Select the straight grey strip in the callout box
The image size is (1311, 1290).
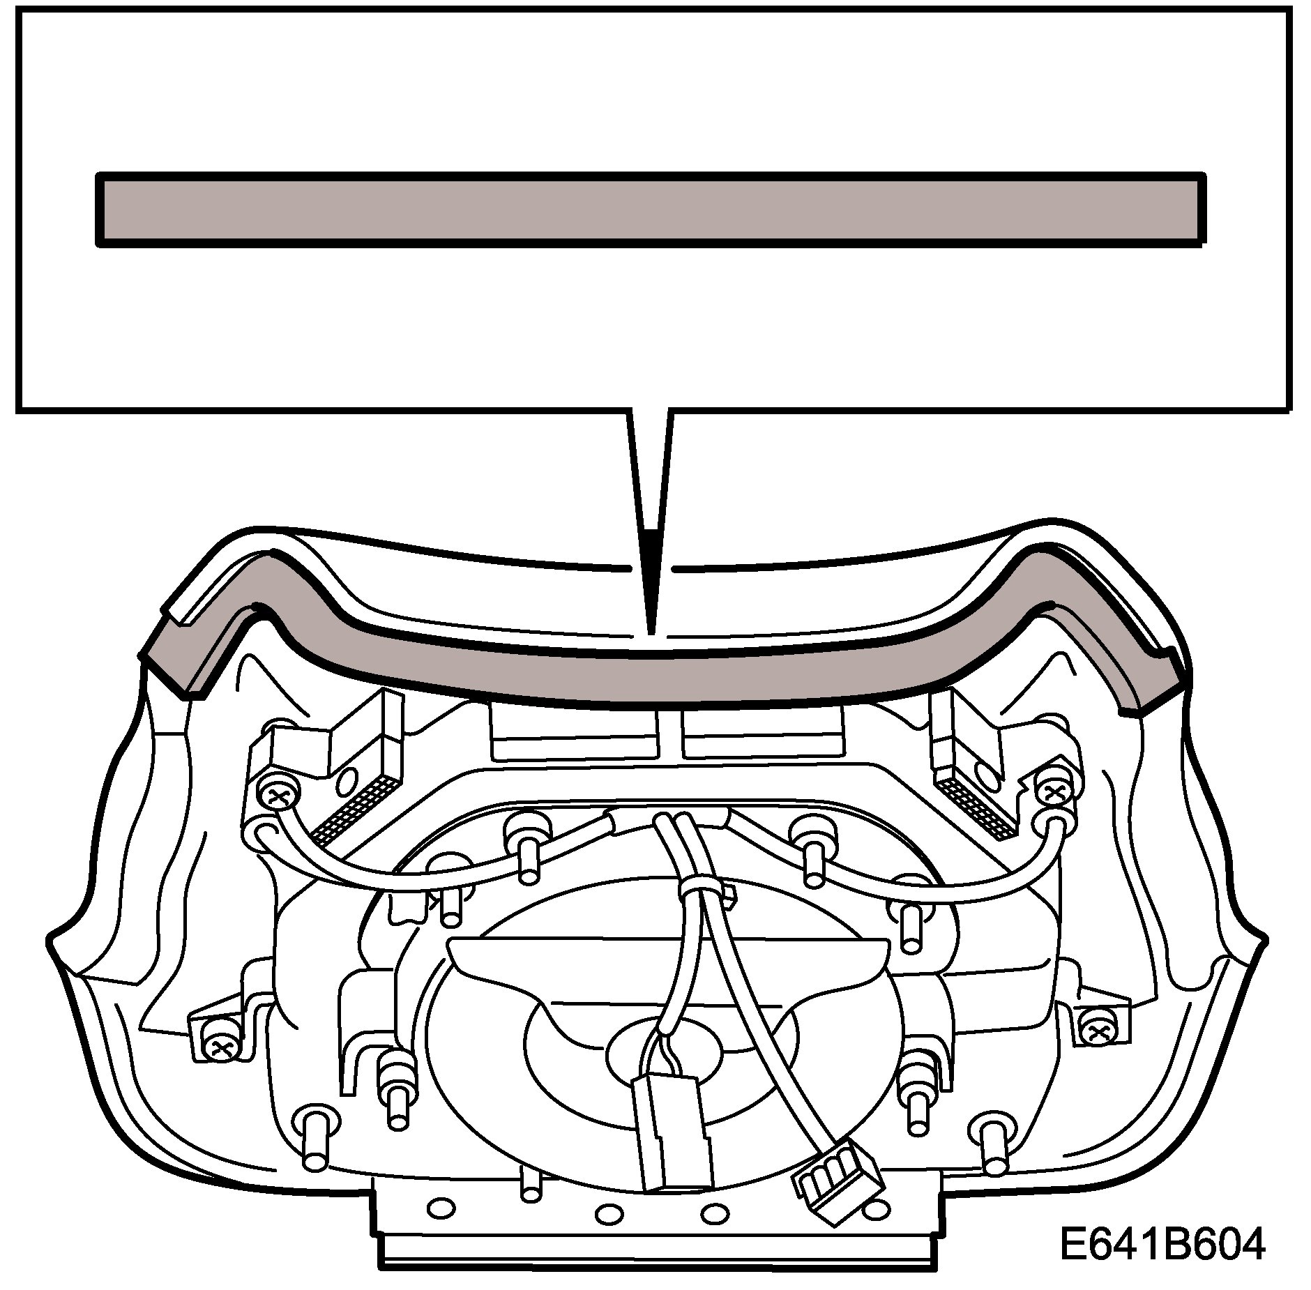pos(650,209)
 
